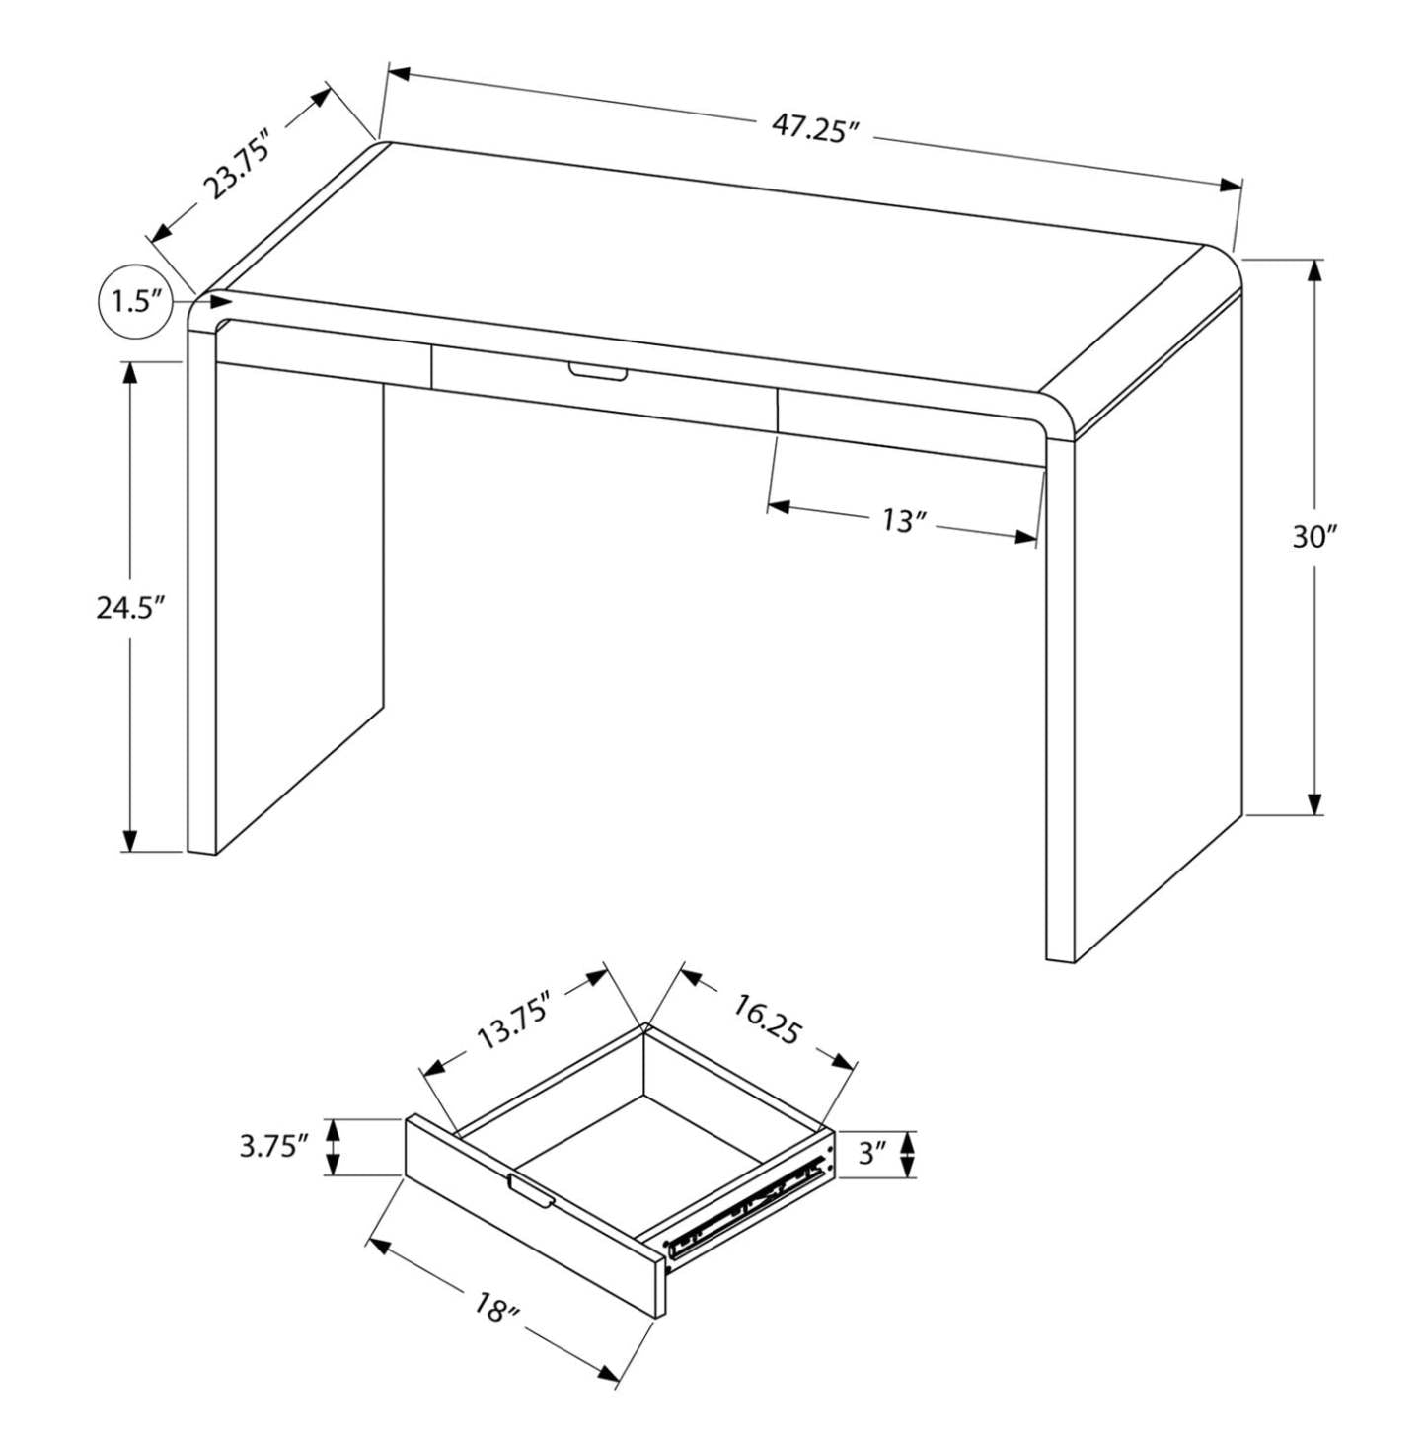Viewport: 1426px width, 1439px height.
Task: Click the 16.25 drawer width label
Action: [x=766, y=1018]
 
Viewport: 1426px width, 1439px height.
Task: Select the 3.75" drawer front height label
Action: [x=273, y=1146]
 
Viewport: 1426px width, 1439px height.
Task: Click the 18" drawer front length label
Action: [x=496, y=1310]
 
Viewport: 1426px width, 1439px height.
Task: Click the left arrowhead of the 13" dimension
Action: [x=779, y=507]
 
